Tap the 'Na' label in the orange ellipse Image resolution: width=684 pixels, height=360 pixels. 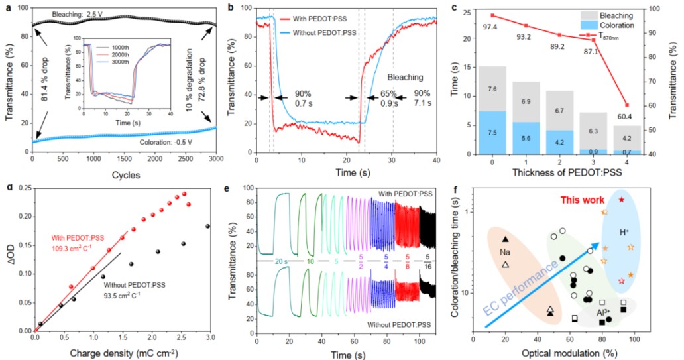click(x=505, y=253)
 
